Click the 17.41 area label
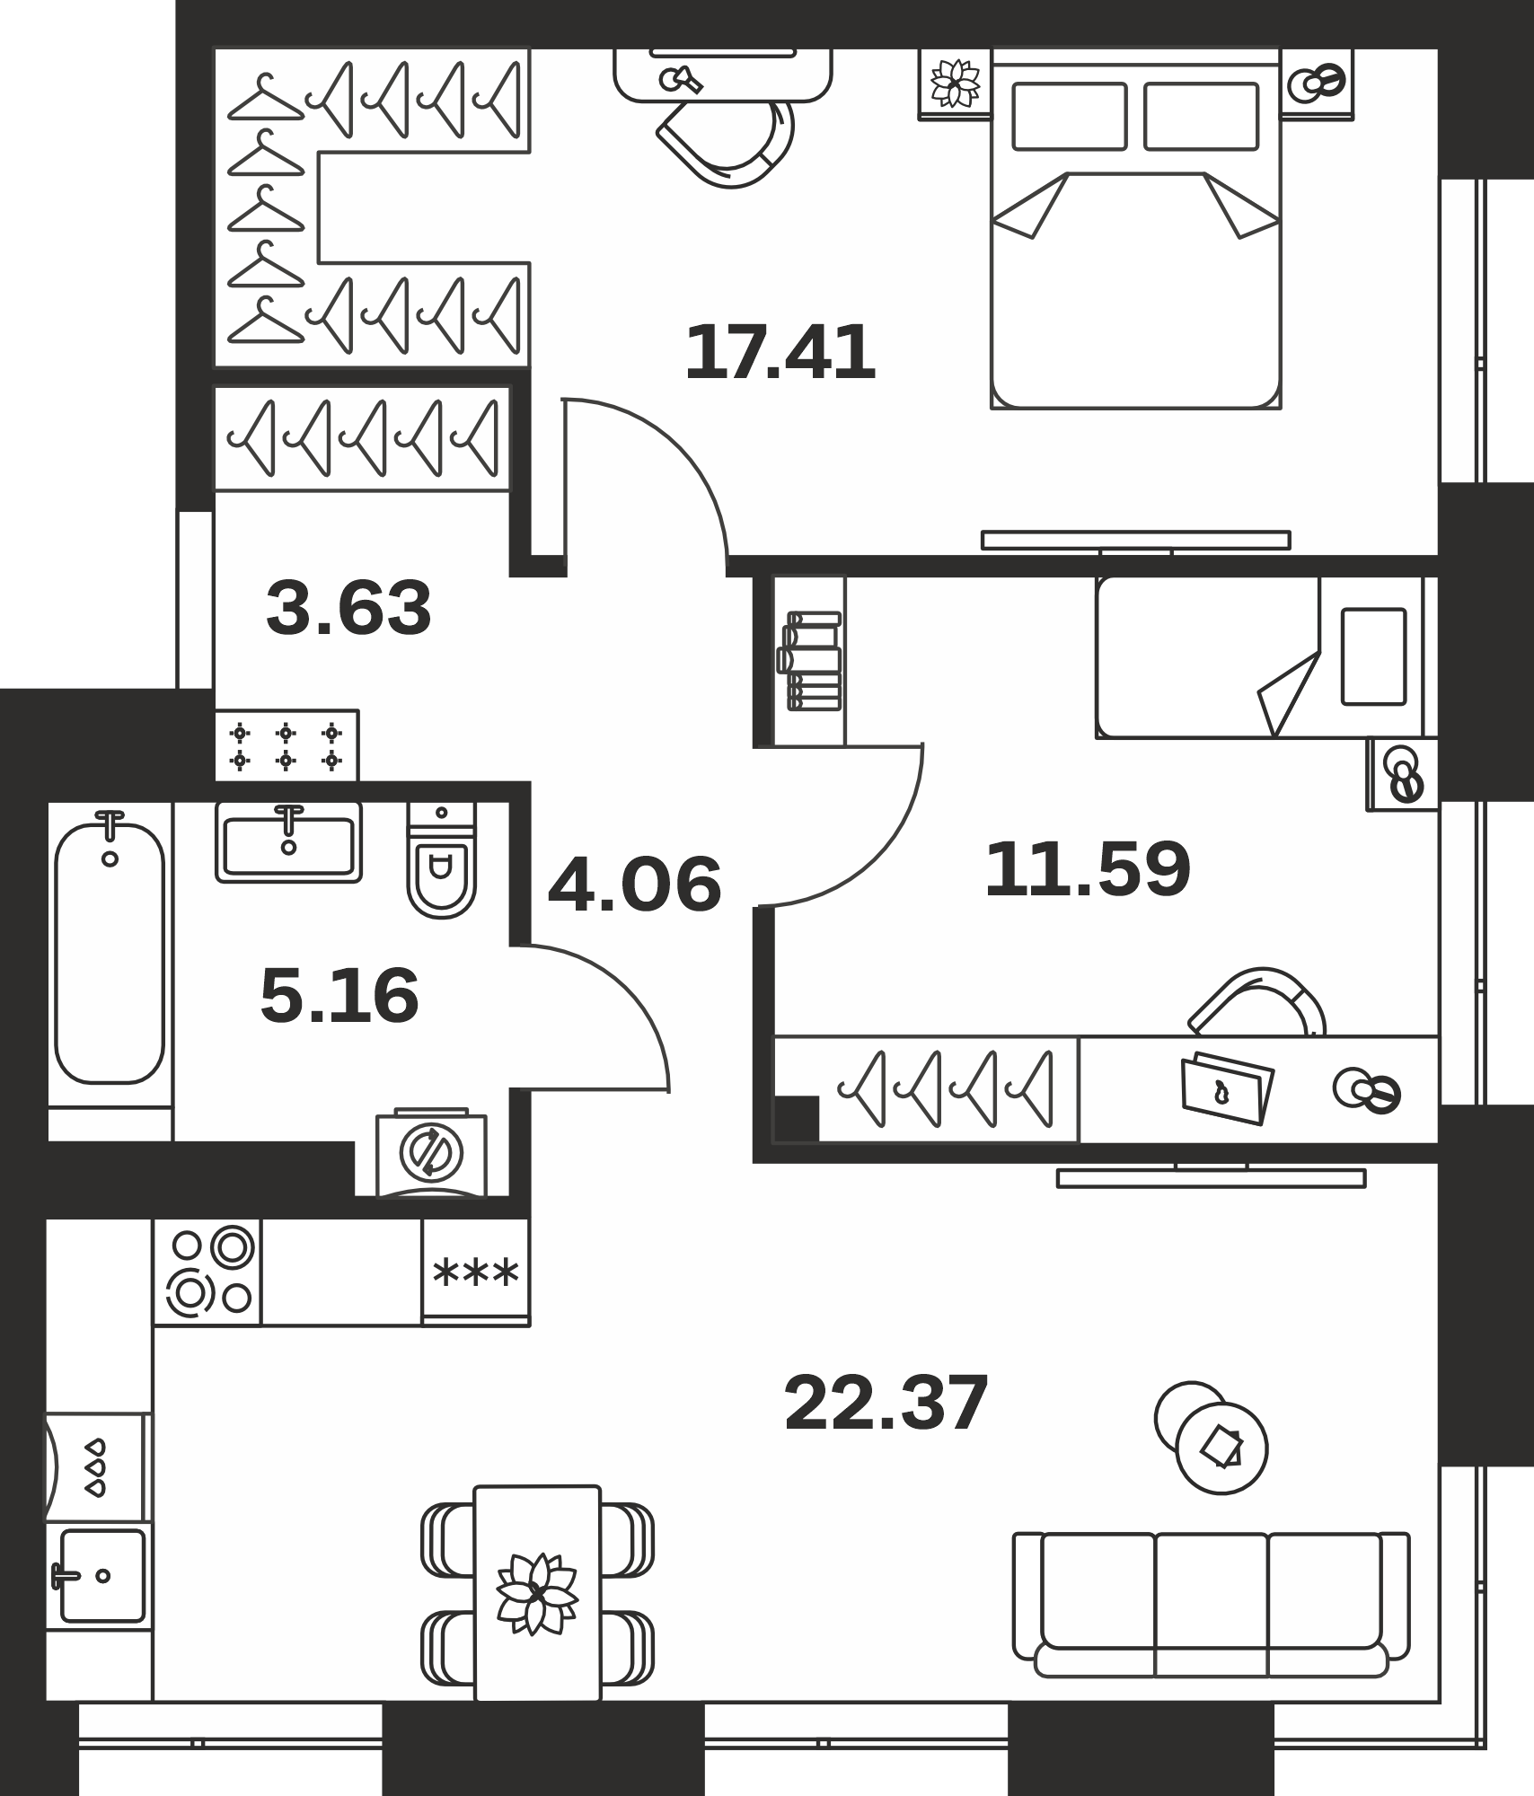(780, 353)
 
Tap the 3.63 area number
(349, 608)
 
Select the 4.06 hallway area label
(634, 885)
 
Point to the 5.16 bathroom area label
(339, 996)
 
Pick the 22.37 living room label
(886, 1403)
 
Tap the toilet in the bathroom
(441, 861)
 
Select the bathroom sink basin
(288, 842)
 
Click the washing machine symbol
(432, 1153)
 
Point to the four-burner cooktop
(207, 1272)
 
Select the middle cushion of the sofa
(1211, 1591)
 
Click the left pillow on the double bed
(1070, 117)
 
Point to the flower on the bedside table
(955, 83)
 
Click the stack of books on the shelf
(813, 661)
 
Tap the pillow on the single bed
(1373, 656)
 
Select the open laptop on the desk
(1228, 1087)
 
